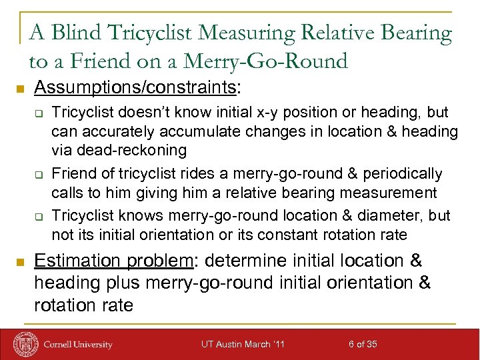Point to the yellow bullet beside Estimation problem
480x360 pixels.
click(x=20, y=261)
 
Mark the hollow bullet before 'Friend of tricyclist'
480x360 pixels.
click(x=39, y=175)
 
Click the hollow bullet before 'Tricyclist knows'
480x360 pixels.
click(x=39, y=217)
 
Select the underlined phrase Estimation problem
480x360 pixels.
click(x=113, y=261)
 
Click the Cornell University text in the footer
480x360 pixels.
click(x=78, y=345)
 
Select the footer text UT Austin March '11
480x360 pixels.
click(x=243, y=344)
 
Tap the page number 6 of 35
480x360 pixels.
click(x=363, y=344)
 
